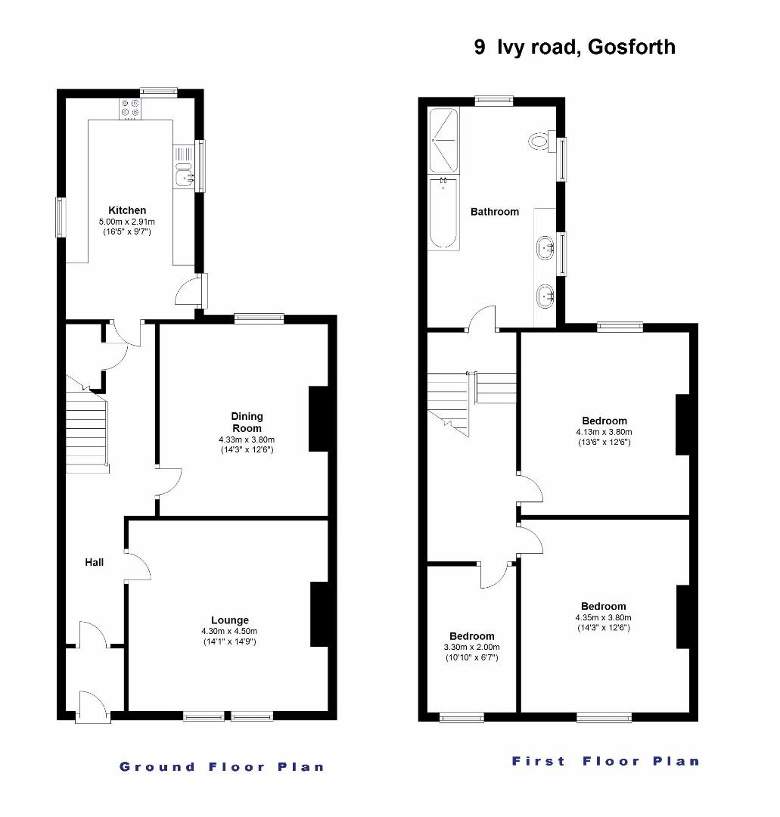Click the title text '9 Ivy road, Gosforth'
click(574, 48)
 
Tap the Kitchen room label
click(127, 210)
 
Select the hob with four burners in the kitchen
click(129, 109)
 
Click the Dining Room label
click(247, 422)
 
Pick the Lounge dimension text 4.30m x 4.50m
click(229, 631)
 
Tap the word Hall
click(94, 562)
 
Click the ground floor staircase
click(85, 435)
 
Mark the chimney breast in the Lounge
click(319, 614)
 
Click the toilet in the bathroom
click(540, 141)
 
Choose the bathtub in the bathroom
click(443, 213)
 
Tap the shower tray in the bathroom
click(443, 140)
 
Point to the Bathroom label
click(495, 212)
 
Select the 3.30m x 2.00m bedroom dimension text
click(471, 648)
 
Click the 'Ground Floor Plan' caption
click(222, 766)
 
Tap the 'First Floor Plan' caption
click(605, 761)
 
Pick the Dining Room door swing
click(169, 483)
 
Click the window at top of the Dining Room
click(259, 318)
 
